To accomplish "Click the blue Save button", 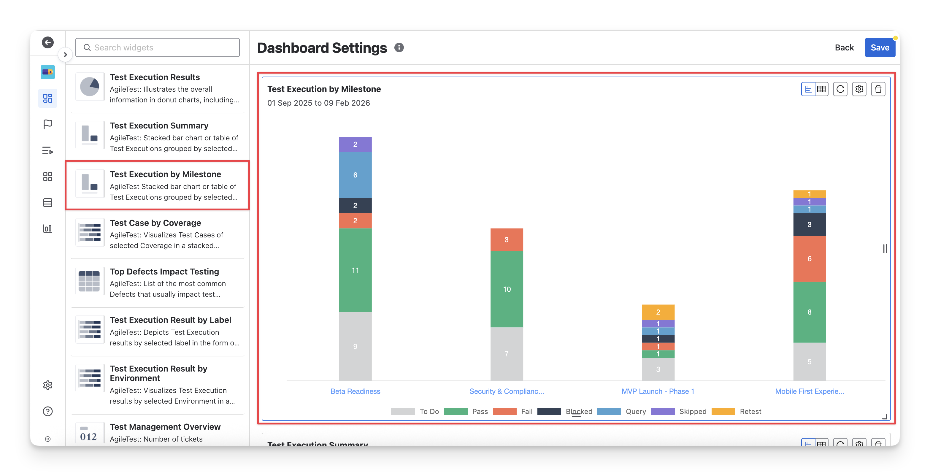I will click(880, 48).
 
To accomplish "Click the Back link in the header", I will click(844, 48).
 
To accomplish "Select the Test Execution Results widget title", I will click(155, 77).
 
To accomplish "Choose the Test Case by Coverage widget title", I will click(155, 223).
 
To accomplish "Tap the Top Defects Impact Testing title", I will click(164, 272).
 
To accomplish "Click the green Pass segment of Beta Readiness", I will click(355, 270).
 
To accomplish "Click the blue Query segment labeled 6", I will click(355, 175).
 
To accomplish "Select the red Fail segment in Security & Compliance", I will click(507, 239).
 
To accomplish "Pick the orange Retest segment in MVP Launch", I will click(658, 312).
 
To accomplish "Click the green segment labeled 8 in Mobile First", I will click(810, 312).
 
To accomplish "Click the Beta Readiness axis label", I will click(355, 391).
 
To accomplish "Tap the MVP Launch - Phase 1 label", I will click(658, 391).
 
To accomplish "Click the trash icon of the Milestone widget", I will click(878, 89).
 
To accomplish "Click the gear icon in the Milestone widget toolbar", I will click(859, 89).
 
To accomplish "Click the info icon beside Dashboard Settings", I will click(399, 48).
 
